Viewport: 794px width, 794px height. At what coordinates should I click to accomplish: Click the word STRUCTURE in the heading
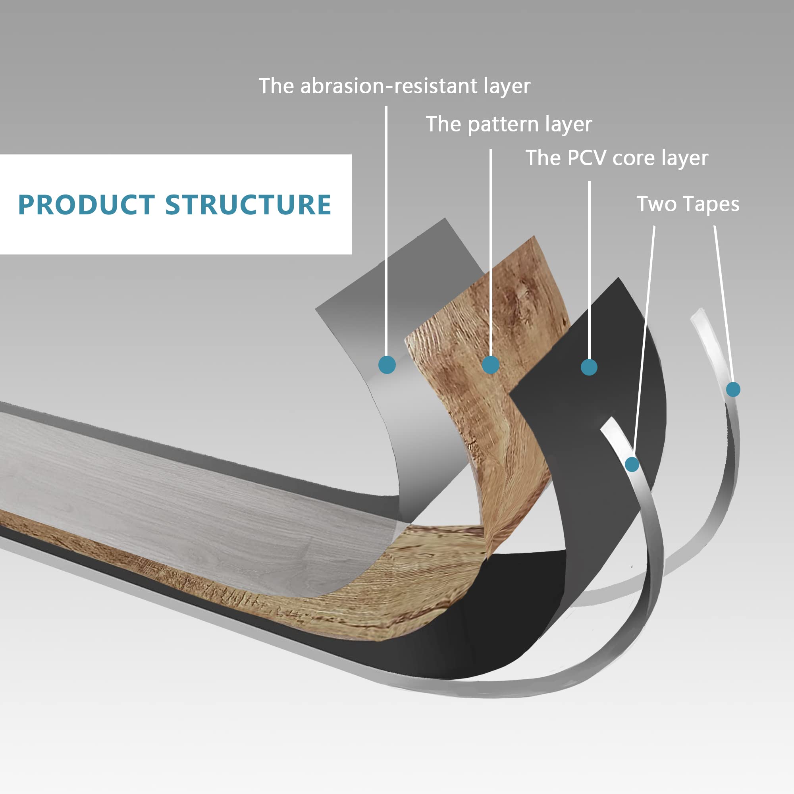tap(248, 205)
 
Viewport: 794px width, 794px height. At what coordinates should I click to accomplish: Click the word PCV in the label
tap(586, 158)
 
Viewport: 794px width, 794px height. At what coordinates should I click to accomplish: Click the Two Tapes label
tap(688, 204)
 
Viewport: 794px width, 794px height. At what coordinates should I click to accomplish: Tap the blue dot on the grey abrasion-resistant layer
tap(387, 364)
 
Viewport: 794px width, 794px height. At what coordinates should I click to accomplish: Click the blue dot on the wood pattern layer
tap(490, 364)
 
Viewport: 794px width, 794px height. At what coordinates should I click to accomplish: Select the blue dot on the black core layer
tap(589, 367)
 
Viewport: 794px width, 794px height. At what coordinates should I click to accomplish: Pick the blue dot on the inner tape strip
tap(632, 464)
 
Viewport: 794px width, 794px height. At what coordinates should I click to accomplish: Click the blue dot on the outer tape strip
tap(733, 389)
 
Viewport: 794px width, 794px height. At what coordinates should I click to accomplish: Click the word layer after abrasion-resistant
tap(507, 87)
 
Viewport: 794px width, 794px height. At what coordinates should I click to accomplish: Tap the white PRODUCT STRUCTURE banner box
tap(175, 238)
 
